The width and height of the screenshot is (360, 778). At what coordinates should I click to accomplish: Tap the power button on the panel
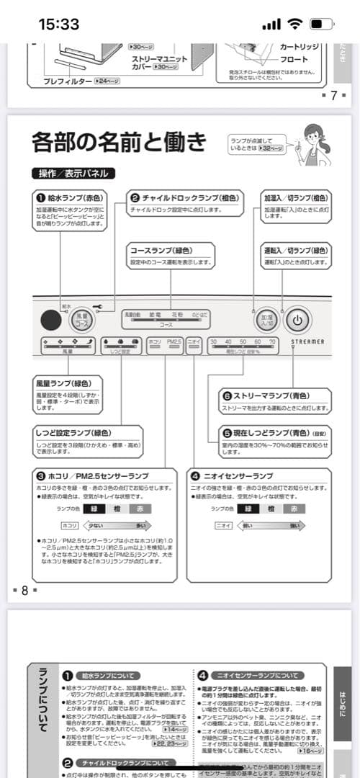point(298,318)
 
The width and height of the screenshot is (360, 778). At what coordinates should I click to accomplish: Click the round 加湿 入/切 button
point(267,318)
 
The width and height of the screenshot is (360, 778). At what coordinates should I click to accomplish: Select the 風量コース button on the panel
point(82,319)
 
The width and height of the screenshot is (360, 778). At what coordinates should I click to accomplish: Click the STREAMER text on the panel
point(307,341)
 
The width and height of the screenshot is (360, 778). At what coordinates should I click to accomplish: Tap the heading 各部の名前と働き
point(119,142)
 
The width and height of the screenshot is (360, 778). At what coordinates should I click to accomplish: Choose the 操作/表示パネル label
point(73,174)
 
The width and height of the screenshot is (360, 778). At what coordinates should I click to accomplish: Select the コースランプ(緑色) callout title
point(161,250)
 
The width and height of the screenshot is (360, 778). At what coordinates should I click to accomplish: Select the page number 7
point(333,96)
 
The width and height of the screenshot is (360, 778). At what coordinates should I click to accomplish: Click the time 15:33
point(58,24)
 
